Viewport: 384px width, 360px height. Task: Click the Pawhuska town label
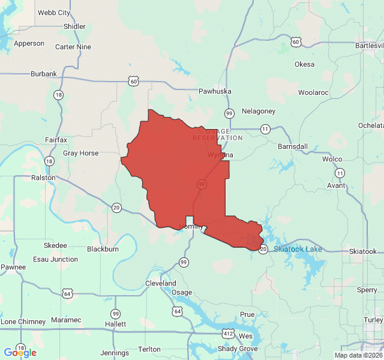[214, 91]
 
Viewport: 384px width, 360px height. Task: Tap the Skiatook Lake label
[298, 249]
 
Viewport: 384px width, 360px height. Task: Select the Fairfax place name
[56, 140]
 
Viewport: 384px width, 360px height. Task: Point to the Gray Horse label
[80, 153]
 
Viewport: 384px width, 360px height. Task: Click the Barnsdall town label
[293, 146]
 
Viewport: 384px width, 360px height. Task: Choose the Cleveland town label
[160, 283]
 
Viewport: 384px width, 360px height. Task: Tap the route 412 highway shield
[228, 333]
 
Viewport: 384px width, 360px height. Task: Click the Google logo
[20, 353]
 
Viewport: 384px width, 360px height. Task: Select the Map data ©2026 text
[358, 355]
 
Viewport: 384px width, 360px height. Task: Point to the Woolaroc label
[313, 93]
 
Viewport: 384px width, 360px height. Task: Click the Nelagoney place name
[259, 111]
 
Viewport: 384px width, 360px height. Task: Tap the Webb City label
[53, 13]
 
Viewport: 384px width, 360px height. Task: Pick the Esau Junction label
[55, 259]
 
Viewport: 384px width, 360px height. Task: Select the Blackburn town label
[103, 249]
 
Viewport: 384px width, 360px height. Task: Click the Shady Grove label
[238, 349]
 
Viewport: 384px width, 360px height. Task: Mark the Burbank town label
[44, 74]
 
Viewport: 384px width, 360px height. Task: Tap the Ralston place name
[43, 178]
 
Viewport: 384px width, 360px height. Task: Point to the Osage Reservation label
[218, 135]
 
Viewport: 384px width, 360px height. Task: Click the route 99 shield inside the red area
[201, 184]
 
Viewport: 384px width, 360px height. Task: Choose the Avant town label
[336, 185]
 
